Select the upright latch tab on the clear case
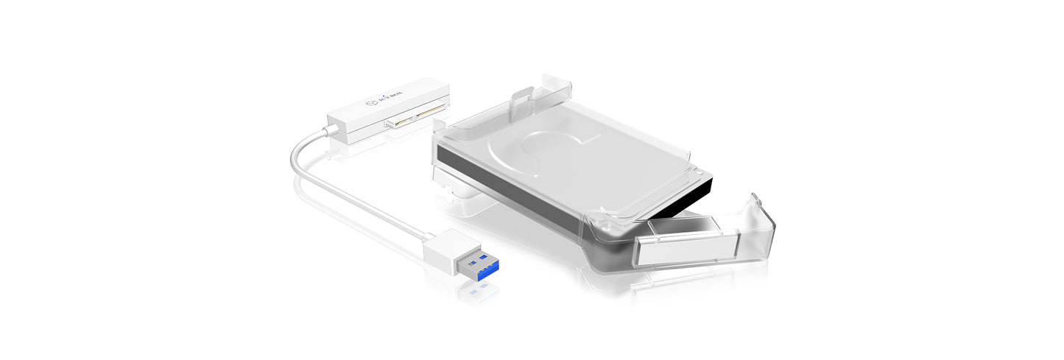pos(523,99)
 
